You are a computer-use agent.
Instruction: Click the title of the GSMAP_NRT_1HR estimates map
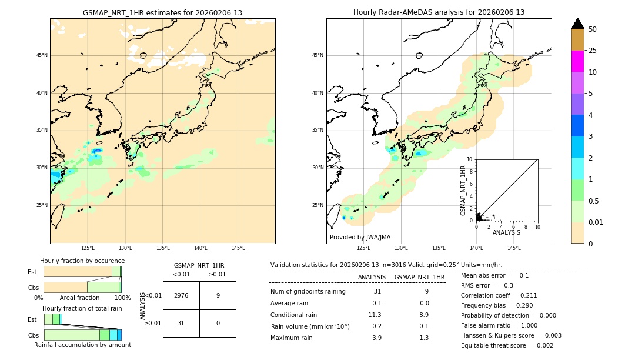162,12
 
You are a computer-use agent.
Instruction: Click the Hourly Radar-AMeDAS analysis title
439,12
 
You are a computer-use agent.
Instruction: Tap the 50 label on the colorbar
593,29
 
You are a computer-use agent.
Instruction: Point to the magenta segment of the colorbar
577,61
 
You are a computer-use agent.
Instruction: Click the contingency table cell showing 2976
181,295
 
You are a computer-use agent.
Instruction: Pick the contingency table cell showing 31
181,323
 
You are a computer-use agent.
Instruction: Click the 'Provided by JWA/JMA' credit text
360,237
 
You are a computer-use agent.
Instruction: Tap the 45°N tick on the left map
42,55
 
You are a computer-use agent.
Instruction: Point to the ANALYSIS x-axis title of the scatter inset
506,232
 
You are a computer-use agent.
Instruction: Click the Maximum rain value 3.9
377,338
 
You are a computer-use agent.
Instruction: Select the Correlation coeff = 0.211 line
499,295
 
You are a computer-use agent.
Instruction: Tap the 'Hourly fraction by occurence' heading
82,261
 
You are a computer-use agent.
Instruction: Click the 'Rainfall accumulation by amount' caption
82,345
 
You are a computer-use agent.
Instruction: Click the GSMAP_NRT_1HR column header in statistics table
419,277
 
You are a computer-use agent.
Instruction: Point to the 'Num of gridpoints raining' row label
308,291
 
